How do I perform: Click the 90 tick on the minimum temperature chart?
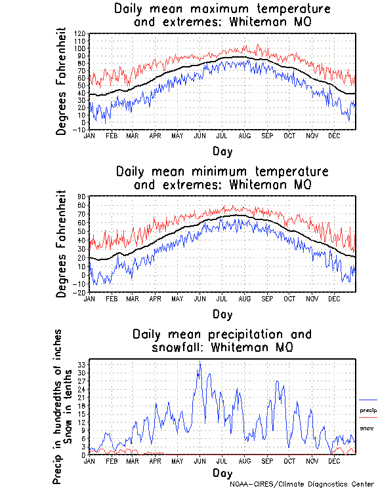[x=83, y=197]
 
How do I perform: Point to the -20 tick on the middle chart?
[x=81, y=293]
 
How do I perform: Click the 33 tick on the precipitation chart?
[x=83, y=364]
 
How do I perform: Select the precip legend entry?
[x=368, y=410]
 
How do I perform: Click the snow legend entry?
[x=367, y=428]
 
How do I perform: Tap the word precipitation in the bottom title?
[x=242, y=334]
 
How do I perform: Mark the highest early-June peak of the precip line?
[x=199, y=362]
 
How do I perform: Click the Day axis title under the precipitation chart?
[x=222, y=473]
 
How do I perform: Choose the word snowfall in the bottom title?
[x=177, y=347]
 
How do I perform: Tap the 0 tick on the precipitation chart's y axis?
[x=84, y=455]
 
